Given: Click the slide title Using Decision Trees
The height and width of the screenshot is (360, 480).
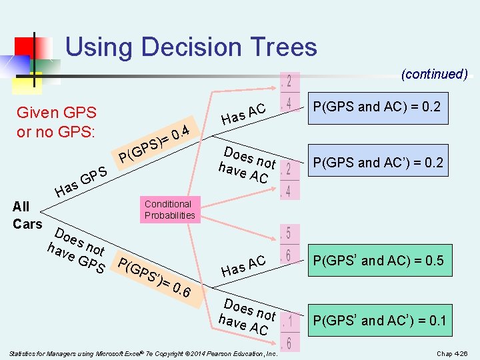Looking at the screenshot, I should tap(191, 47).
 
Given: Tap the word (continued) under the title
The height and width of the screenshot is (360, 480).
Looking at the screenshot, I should tap(434, 74).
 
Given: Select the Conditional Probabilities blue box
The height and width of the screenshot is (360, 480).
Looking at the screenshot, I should tap(169, 209).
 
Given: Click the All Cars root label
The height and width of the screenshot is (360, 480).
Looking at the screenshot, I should tap(27, 215).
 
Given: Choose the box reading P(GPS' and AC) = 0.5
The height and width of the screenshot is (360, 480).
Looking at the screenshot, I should tap(378, 261).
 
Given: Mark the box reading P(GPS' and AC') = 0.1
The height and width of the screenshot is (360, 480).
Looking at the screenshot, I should tap(379, 321).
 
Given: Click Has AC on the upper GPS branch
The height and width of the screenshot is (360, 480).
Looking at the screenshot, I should tap(244, 114).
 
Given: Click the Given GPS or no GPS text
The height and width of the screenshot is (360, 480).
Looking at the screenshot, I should tap(57, 122).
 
